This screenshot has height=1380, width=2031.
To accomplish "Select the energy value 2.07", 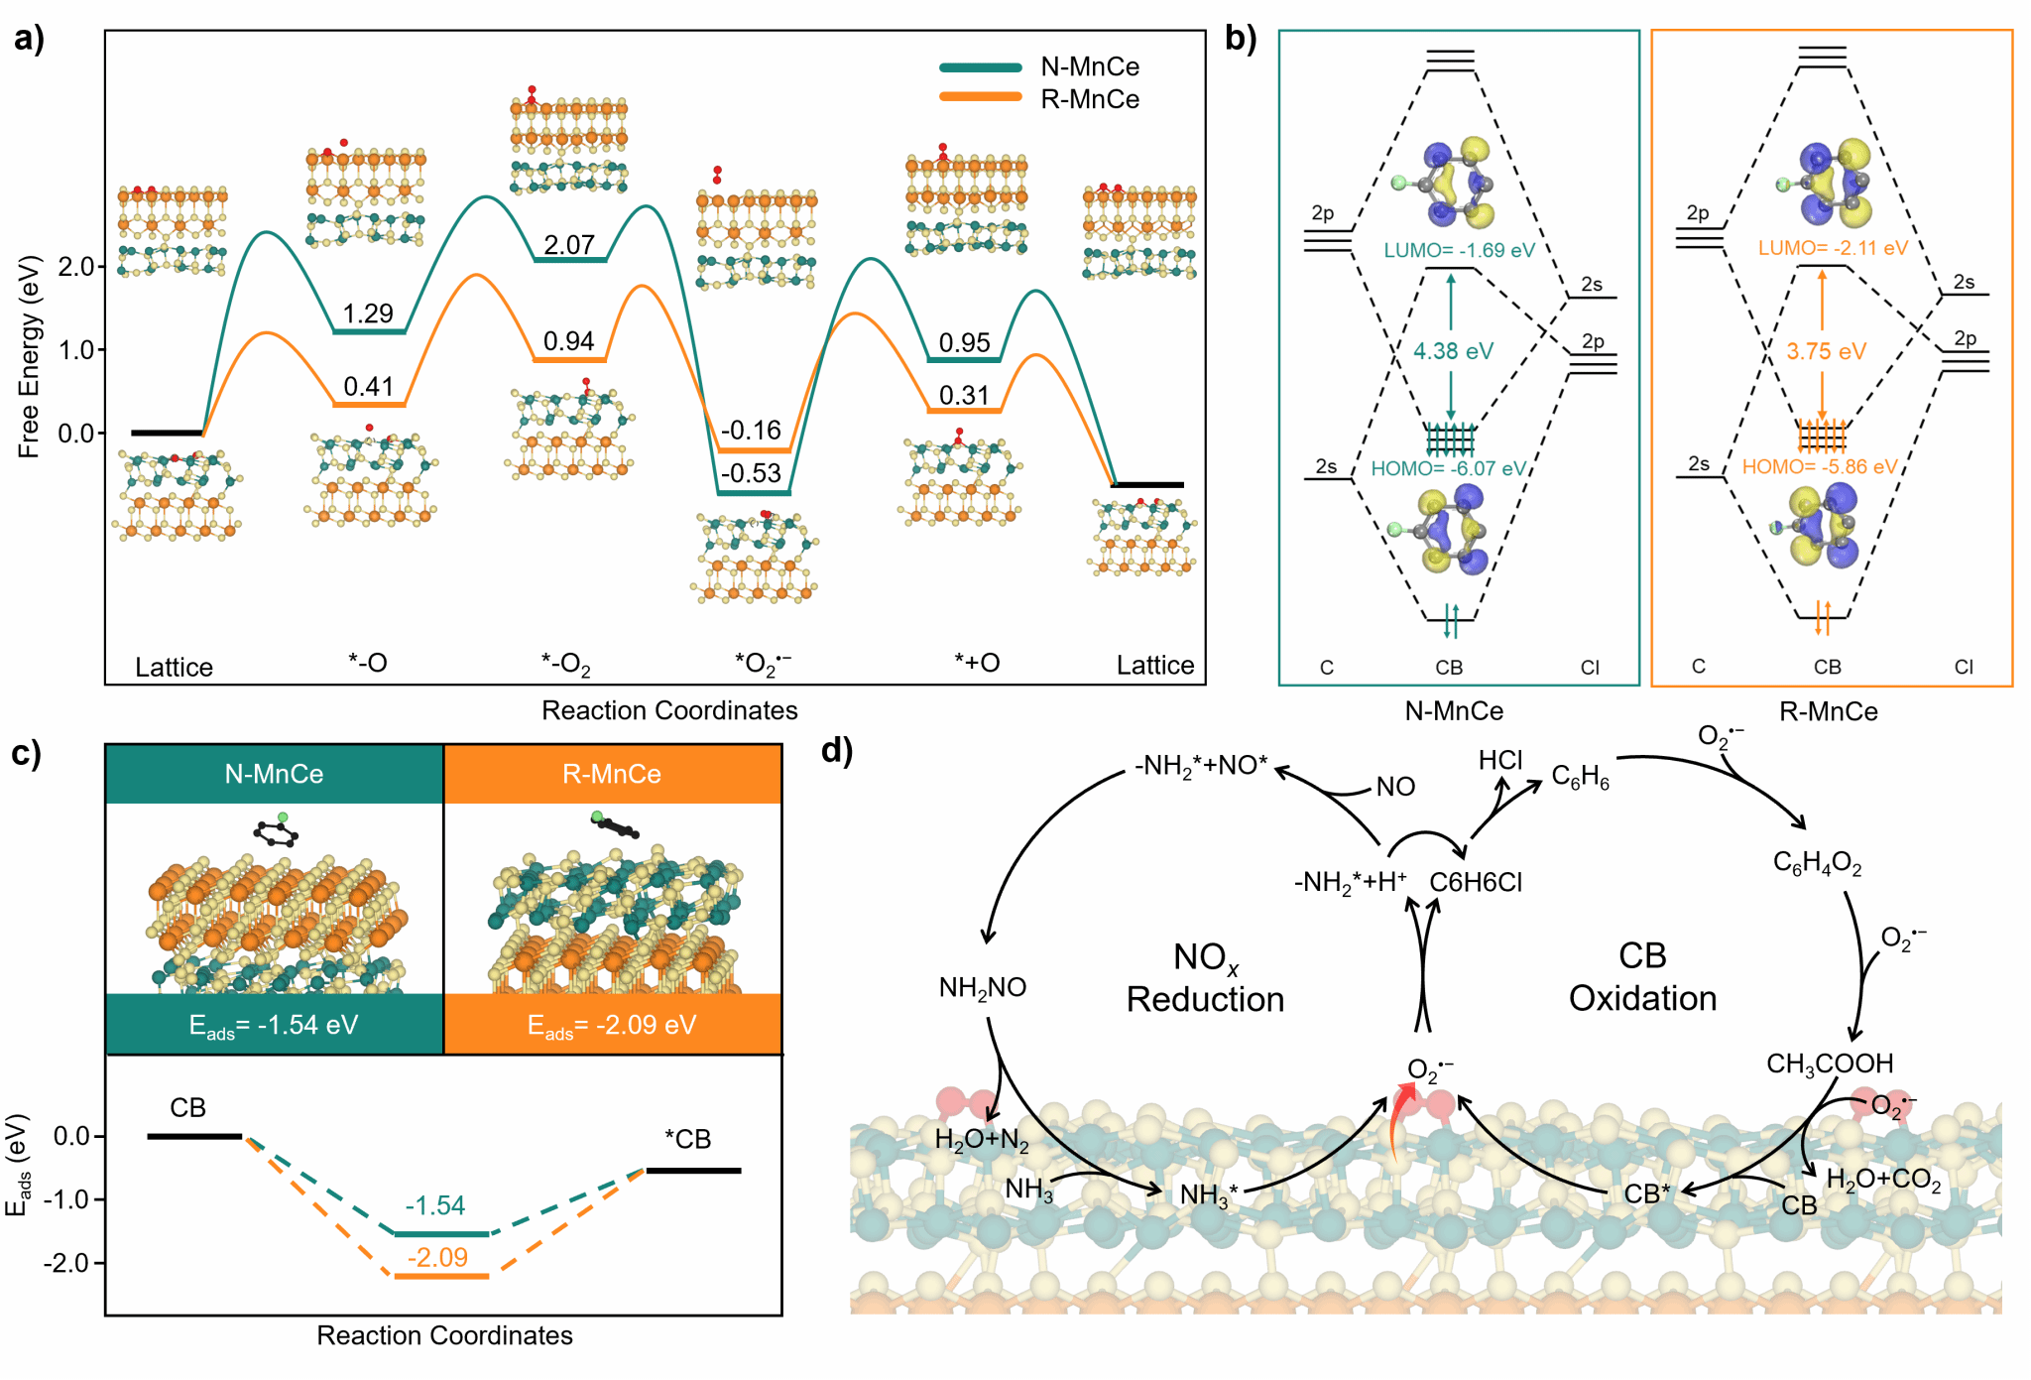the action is point(569,244).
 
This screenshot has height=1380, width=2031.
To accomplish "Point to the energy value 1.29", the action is point(368,314).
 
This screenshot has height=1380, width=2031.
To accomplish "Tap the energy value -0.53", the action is point(751,473).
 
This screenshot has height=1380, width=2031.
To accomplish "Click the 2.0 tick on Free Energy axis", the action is point(75,266).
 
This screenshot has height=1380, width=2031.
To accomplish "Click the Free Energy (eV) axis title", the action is point(29,356).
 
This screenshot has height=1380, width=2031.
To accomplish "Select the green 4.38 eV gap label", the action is point(1453,351).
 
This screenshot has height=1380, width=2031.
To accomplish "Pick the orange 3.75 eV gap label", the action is point(1826,351).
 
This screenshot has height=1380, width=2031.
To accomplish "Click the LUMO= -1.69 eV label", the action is point(1459,250).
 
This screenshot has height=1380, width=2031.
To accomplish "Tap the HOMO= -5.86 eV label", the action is point(1820,466).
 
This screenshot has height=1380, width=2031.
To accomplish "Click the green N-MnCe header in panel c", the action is point(275,774).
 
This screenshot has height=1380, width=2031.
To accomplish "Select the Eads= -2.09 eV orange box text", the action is point(612,1025).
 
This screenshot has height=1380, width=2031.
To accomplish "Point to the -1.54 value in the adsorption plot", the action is point(435,1205).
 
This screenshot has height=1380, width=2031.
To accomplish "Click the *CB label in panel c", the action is point(687,1139).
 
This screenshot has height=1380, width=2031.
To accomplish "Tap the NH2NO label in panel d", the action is point(983,987).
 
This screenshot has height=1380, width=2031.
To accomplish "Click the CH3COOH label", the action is point(1830,1065).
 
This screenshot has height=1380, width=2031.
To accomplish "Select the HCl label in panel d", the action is point(1499,760).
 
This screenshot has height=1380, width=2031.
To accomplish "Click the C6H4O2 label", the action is point(1817,863).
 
